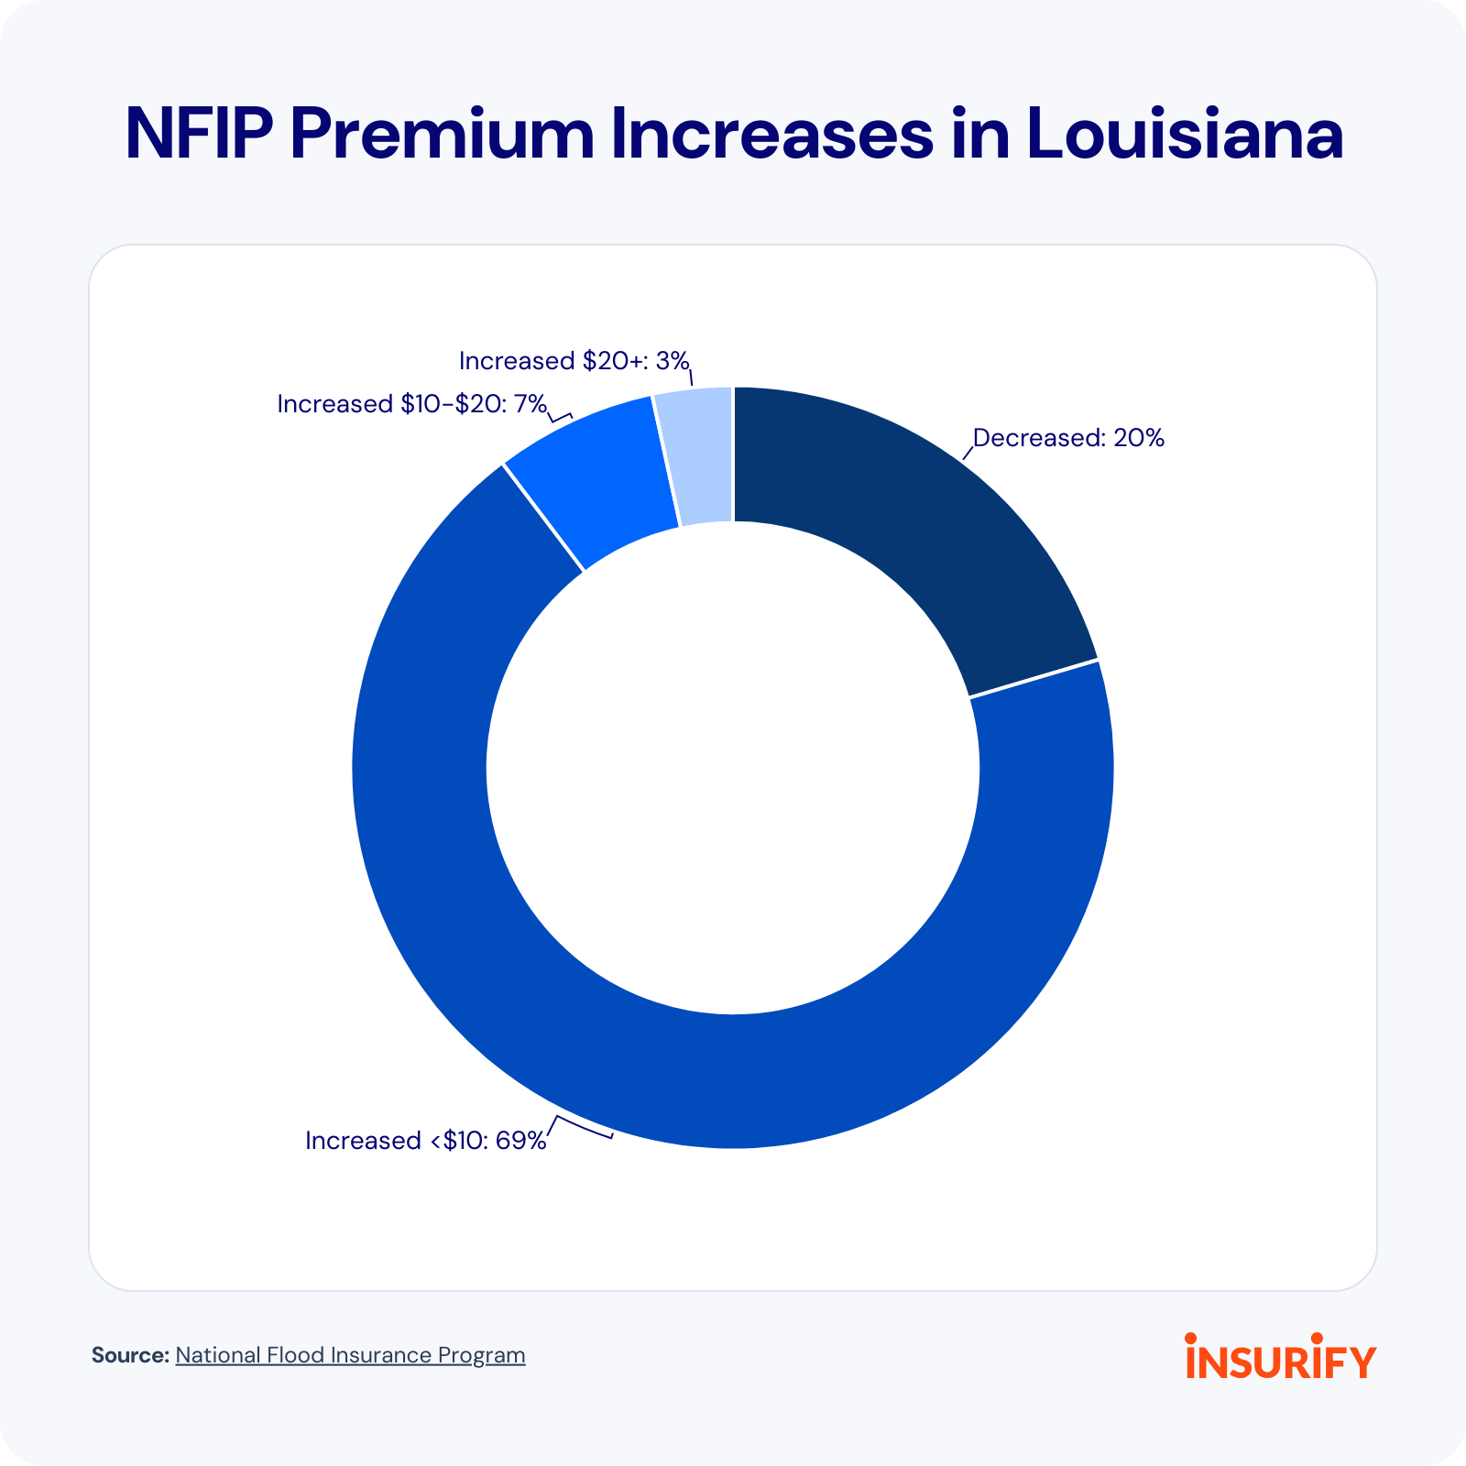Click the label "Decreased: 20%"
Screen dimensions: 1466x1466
pos(1068,438)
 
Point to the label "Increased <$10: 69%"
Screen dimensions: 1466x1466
pos(425,1141)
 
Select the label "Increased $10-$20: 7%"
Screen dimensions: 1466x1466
pos(411,404)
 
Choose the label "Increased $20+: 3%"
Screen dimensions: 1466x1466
pos(574,361)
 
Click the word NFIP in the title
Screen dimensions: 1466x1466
pos(199,135)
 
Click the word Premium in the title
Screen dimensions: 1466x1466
pos(443,135)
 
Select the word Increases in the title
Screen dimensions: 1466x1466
pos(772,135)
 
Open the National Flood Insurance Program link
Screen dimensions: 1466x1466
pos(350,1355)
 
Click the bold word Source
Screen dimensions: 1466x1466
pos(130,1355)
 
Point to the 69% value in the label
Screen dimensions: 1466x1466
pos(520,1141)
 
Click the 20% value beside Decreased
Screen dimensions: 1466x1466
pos(1139,438)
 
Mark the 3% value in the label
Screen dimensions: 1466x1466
pos(672,361)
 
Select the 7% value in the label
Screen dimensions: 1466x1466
pos(530,404)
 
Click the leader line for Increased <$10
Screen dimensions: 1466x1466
pos(582,1127)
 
